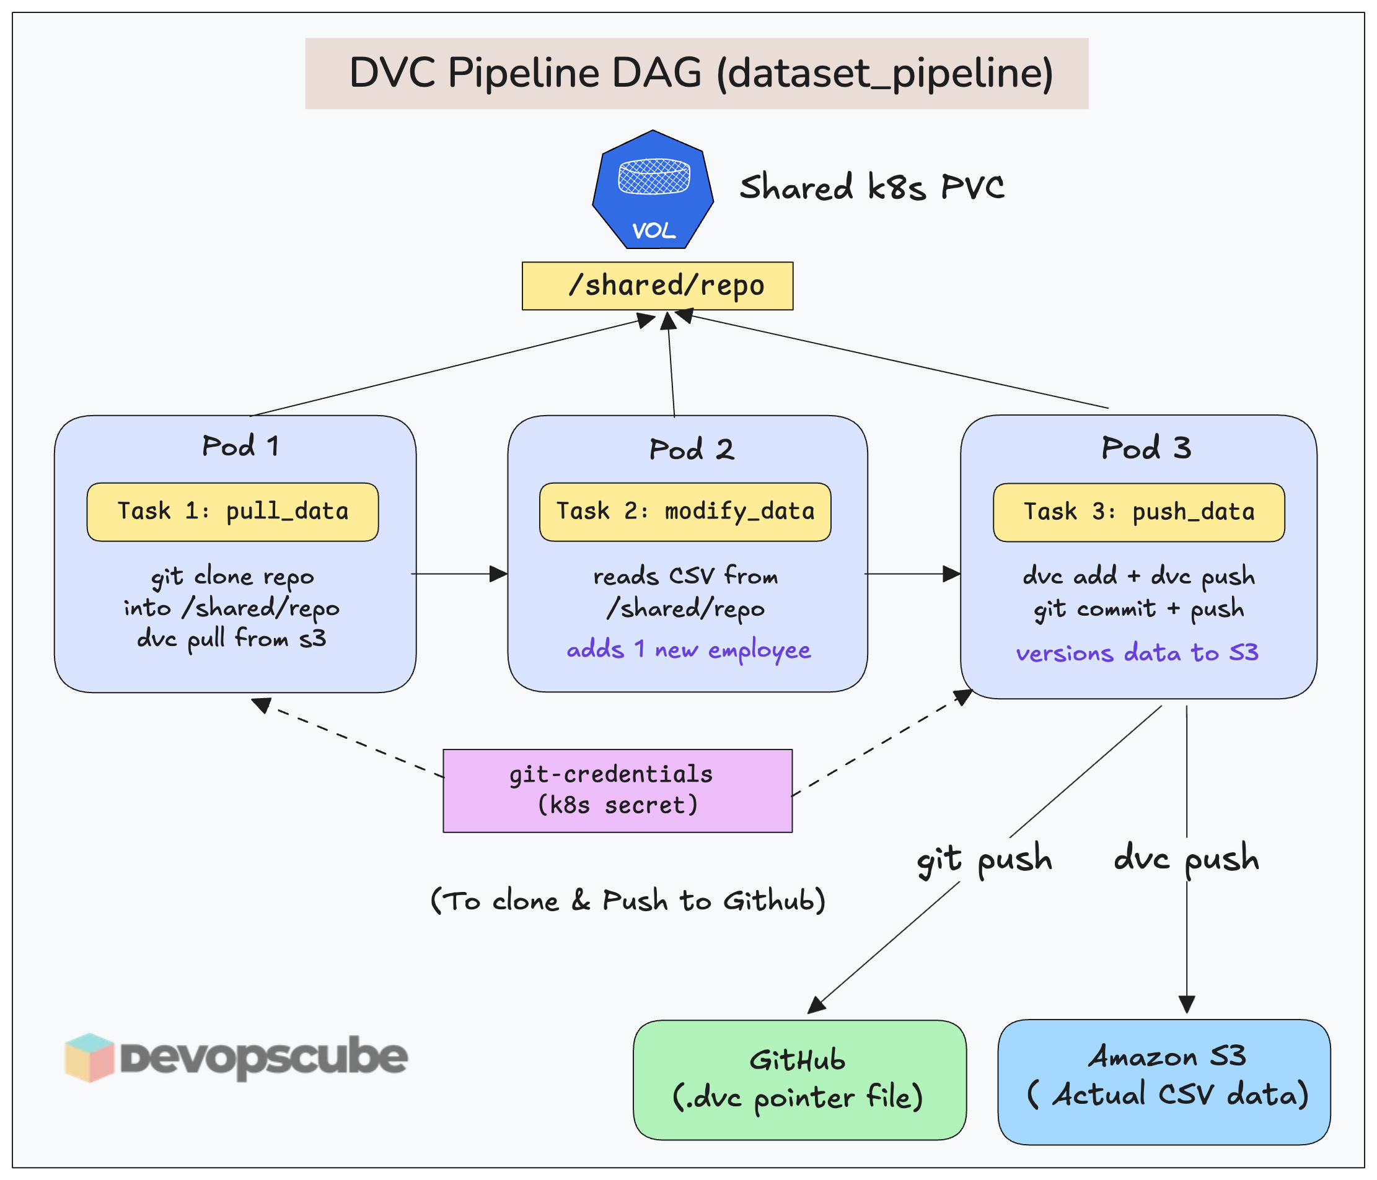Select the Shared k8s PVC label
click(x=871, y=187)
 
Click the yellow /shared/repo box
click(x=658, y=286)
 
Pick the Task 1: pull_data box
click(x=232, y=512)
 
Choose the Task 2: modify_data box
click(x=685, y=512)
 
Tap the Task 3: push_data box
click(x=1138, y=512)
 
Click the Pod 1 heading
click(x=240, y=446)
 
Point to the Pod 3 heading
click(x=1146, y=448)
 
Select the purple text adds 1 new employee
click(x=688, y=649)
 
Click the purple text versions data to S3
click(x=1137, y=652)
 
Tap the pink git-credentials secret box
click(x=617, y=790)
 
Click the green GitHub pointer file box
click(x=799, y=1079)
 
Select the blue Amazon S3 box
click(x=1164, y=1079)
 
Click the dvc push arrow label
click(x=1186, y=858)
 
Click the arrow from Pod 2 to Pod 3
click(x=912, y=574)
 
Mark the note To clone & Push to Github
click(x=628, y=901)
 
